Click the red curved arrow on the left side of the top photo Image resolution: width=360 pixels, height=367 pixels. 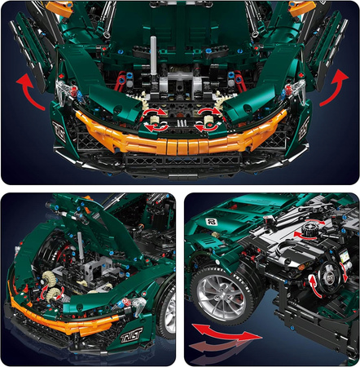pyautogui.click(x=31, y=91)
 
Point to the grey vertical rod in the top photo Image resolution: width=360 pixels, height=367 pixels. pyautogui.click(x=152, y=58)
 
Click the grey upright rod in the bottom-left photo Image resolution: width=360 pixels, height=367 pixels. pyautogui.click(x=81, y=245)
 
